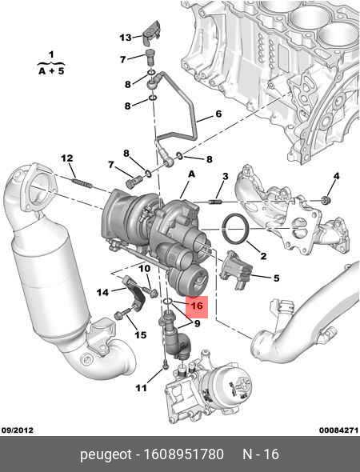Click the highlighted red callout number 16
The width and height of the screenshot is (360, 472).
(197, 306)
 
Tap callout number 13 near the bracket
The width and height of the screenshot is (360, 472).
(126, 38)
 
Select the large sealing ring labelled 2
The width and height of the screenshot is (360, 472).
(235, 229)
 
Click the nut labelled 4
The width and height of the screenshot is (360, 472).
(326, 200)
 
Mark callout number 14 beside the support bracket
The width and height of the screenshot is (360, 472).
(102, 292)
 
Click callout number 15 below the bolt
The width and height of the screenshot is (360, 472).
(141, 334)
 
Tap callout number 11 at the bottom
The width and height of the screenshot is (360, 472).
(141, 388)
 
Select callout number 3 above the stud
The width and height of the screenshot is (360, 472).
(226, 176)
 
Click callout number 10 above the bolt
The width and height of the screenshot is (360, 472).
(145, 268)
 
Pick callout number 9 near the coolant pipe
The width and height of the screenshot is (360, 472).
(197, 323)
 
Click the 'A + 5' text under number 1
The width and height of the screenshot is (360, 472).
(51, 71)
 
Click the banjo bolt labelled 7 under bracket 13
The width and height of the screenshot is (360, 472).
(150, 57)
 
